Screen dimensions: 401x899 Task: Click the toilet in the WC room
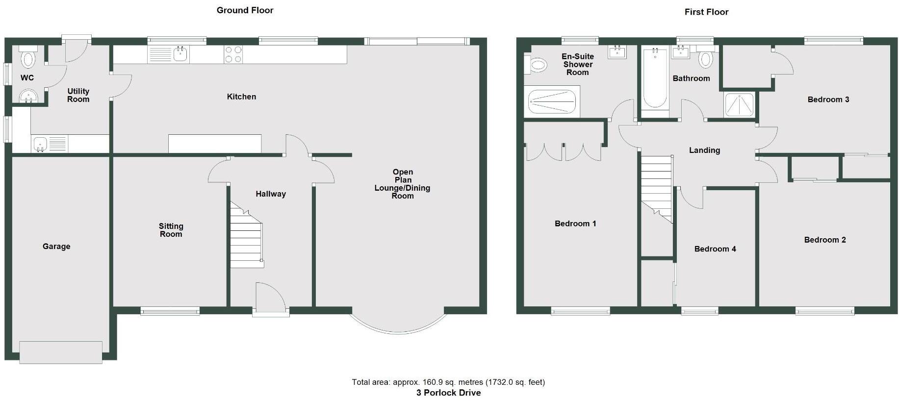[x=28, y=58]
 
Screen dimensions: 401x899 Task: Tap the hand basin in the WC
[x=28, y=96]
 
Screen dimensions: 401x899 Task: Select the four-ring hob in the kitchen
[x=233, y=54]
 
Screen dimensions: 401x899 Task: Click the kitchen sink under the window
[x=180, y=53]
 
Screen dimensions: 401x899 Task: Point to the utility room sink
[x=40, y=144]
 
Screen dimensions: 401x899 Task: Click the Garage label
[x=56, y=246]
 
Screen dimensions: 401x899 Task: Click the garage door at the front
[x=61, y=352]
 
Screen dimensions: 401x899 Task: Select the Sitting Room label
[x=171, y=230]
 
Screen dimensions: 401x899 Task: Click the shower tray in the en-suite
[x=552, y=102]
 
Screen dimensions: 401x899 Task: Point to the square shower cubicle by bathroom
[x=739, y=105]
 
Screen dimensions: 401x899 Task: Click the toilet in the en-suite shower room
[x=537, y=64]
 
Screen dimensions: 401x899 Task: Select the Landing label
[x=704, y=150]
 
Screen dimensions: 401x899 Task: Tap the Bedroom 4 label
[x=715, y=249]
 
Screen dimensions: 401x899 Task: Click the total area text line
[x=448, y=382]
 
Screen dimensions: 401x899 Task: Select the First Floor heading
[x=706, y=12]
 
